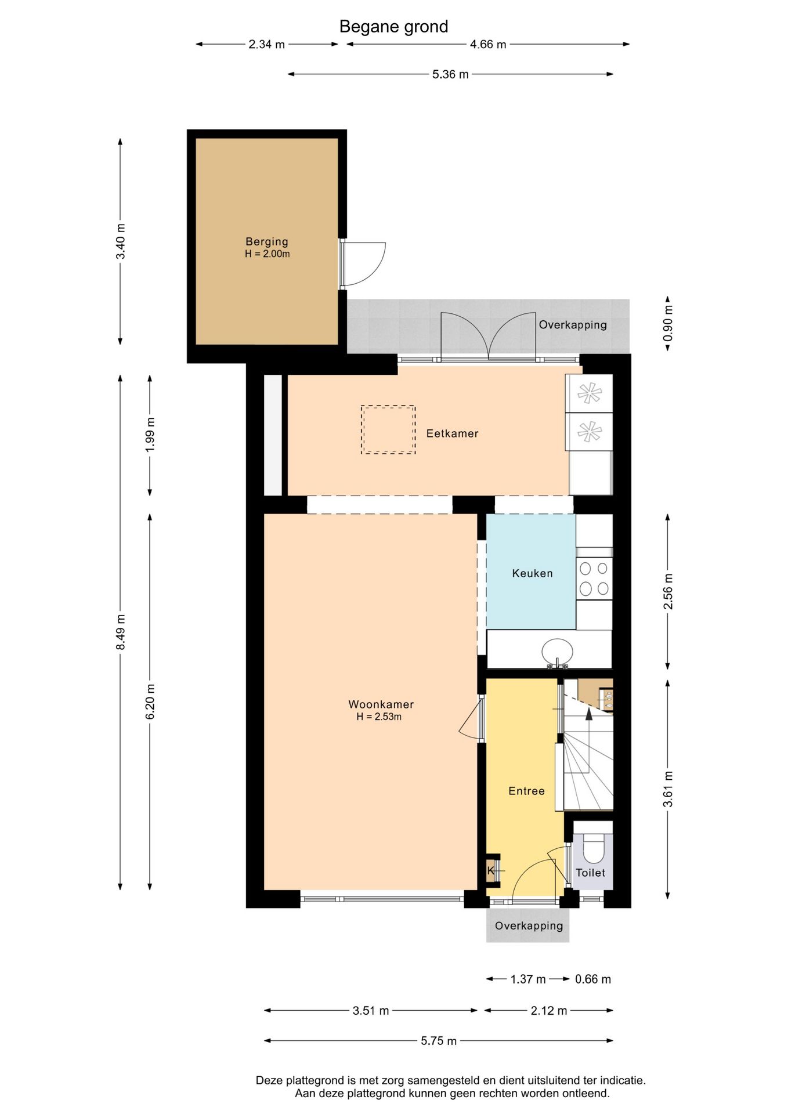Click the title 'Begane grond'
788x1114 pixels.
pos(393,27)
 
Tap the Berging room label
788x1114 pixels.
pos(267,241)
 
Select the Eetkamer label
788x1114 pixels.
pos(452,433)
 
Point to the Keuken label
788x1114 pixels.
pos(532,573)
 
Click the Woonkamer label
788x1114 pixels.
pos(381,704)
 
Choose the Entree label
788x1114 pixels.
pos(526,791)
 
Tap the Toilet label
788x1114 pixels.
pos(590,873)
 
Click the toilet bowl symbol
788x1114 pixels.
pos(593,848)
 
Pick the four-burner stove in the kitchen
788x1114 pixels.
pos(594,578)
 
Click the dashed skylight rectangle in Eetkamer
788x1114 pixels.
pos(388,429)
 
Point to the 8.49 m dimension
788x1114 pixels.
pos(120,632)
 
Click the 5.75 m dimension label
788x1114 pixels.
pos(439,1041)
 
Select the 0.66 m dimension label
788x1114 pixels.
pos(593,979)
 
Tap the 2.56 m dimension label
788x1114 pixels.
pos(668,591)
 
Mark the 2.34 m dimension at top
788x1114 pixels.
pos(267,44)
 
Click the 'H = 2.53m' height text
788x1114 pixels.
pos(379,717)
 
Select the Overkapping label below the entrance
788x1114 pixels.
pos(529,925)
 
